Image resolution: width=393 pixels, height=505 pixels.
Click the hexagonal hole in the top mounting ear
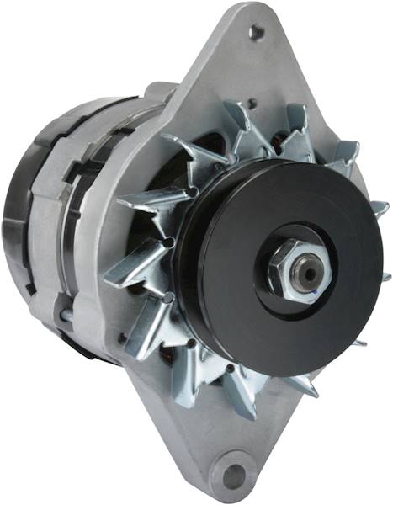point(256,32)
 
